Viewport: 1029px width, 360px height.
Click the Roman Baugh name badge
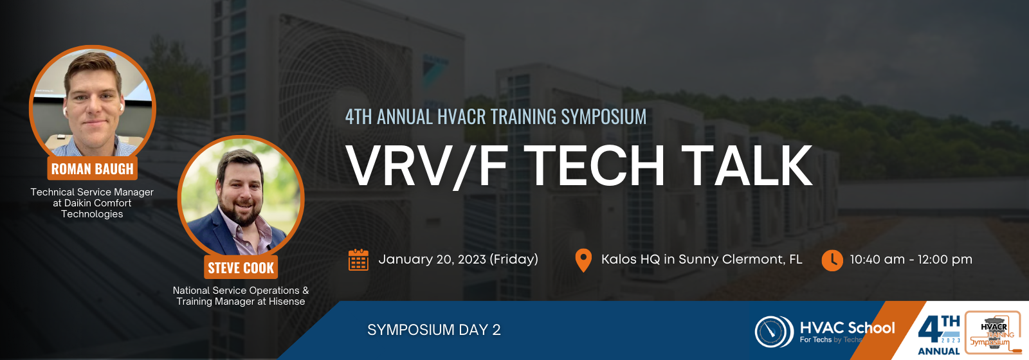[x=93, y=168]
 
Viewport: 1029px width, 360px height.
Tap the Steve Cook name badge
[x=241, y=267]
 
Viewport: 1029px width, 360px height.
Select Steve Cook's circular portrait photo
[x=241, y=197]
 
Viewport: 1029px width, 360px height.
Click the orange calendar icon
[x=358, y=260]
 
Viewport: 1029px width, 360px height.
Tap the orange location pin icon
[x=583, y=260]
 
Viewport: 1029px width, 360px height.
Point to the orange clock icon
[x=832, y=260]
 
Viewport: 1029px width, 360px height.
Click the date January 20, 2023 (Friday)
[x=458, y=260]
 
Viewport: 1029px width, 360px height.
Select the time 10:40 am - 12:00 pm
[x=911, y=260]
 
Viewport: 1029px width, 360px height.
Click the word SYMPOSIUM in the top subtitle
[x=604, y=116]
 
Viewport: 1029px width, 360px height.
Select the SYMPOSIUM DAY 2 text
[x=433, y=330]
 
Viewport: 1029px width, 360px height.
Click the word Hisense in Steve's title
[x=287, y=301]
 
